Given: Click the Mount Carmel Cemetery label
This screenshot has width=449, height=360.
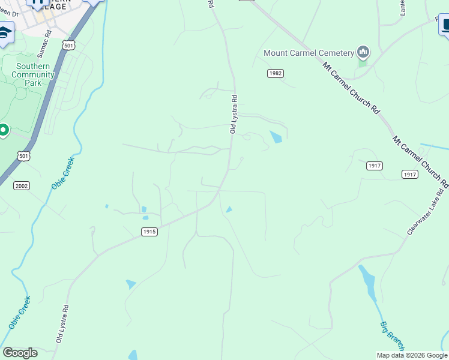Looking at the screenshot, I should coord(308,53).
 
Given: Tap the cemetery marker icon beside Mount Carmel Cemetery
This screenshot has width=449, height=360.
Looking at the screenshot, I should coord(362,53).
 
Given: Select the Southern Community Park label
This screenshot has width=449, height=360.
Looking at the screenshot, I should coord(32,75).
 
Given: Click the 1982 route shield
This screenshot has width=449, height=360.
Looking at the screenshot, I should coord(276,73).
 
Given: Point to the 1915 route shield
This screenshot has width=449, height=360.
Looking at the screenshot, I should coord(149,232).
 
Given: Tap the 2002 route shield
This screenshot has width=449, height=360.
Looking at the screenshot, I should coord(22,186).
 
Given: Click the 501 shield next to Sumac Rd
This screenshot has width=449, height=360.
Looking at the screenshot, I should coord(69,45).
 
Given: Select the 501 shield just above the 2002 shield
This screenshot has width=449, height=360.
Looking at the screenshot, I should coord(23,156).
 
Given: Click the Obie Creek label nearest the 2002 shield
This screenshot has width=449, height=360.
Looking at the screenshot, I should coord(62,173).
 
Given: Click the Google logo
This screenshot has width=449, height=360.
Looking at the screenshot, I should coord(20,353).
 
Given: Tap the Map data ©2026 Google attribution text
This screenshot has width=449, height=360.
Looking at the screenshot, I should coord(412,355).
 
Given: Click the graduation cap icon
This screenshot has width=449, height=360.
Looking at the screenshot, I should coord(5,33).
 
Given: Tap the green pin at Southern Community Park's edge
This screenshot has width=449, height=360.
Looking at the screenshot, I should coord(3,130).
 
